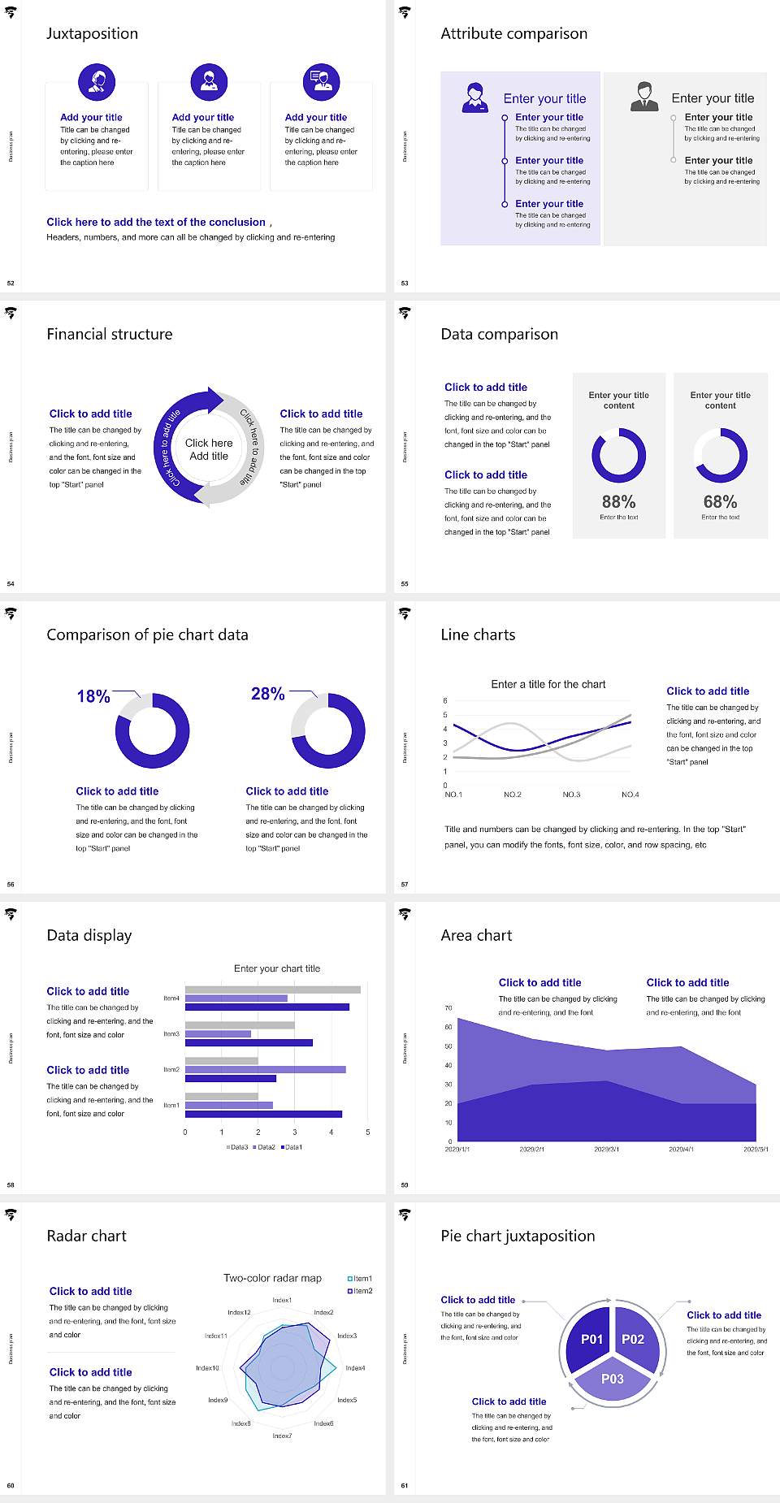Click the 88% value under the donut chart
pyautogui.click(x=618, y=502)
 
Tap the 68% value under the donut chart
pyautogui.click(x=720, y=502)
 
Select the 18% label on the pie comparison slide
pyautogui.click(x=93, y=696)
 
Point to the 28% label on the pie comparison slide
pyautogui.click(x=267, y=694)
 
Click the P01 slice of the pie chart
pyautogui.click(x=591, y=1339)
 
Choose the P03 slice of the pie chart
pyautogui.click(x=613, y=1379)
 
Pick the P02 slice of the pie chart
pyautogui.click(x=633, y=1339)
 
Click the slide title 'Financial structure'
pyautogui.click(x=110, y=334)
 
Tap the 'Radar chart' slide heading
pyautogui.click(x=87, y=1236)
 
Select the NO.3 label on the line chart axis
pyautogui.click(x=571, y=795)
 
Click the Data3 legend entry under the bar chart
pyautogui.click(x=237, y=1147)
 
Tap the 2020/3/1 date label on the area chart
pyautogui.click(x=606, y=1150)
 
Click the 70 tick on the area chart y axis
pyautogui.click(x=448, y=1008)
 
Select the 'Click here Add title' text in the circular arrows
pyautogui.click(x=209, y=449)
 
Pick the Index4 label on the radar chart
pyautogui.click(x=355, y=1368)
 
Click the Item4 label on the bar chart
pyautogui.click(x=171, y=998)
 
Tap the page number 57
pyautogui.click(x=405, y=884)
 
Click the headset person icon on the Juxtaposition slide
pyautogui.click(x=97, y=81)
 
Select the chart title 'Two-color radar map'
pyautogui.click(x=272, y=1278)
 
